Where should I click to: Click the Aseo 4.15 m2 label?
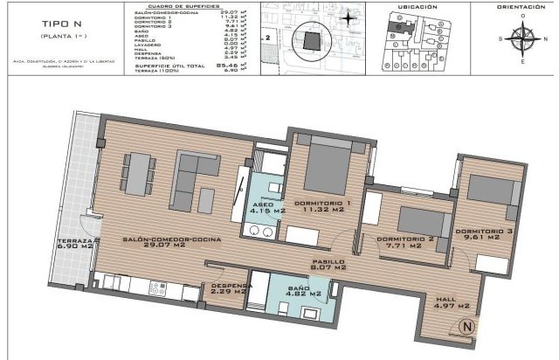(267, 208)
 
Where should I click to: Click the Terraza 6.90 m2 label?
(73, 245)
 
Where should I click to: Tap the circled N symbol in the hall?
(467, 328)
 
